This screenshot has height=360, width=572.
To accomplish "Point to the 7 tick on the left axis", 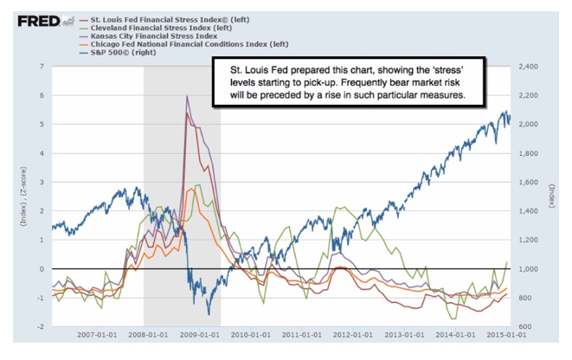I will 42,67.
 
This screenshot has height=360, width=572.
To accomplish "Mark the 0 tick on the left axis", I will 42,269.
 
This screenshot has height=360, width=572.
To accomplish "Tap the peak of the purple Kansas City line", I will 188,96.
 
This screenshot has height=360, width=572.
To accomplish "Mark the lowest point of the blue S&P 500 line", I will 208,313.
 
